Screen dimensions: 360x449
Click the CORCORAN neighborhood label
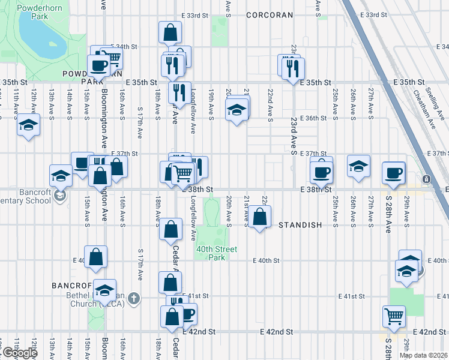click(270, 15)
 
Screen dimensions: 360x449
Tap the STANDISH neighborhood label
click(300, 225)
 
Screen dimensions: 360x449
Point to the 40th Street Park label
click(215, 253)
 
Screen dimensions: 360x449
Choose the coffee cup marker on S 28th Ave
click(394, 173)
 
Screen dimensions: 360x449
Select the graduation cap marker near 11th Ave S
click(27, 125)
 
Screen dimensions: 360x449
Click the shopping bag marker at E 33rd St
click(170, 32)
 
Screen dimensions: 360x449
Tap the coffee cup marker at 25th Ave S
click(322, 172)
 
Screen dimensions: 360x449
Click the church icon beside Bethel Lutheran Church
click(134, 297)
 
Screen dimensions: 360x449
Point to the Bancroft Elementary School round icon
click(59, 196)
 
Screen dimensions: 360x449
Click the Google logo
click(19, 353)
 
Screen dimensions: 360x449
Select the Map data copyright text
click(423, 355)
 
